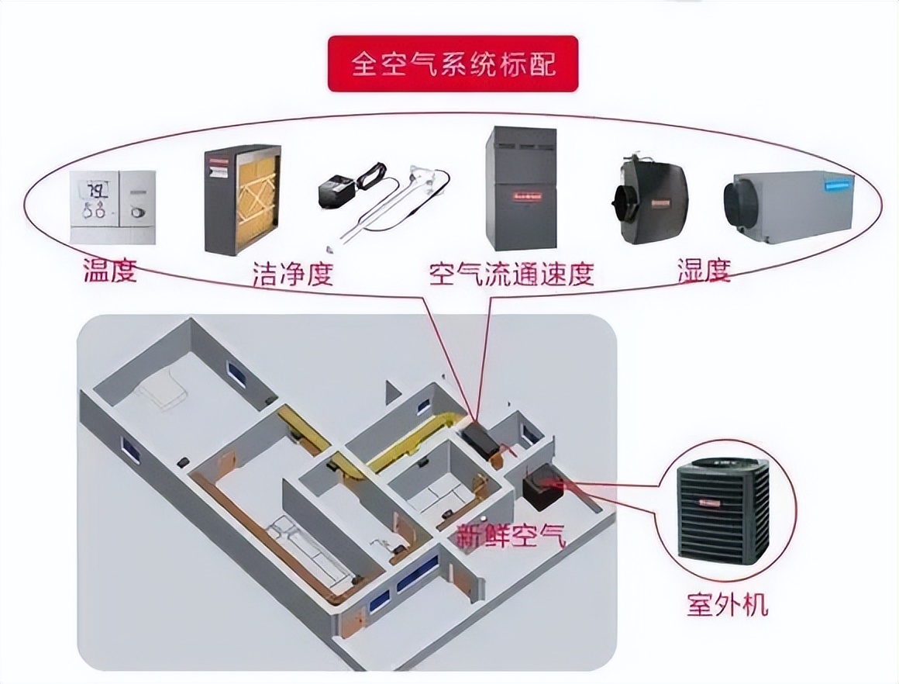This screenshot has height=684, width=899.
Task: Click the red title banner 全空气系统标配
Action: (453, 64)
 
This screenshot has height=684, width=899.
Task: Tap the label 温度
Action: (110, 271)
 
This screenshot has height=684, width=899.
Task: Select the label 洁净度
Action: (293, 273)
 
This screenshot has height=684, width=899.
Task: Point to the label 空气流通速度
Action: (511, 273)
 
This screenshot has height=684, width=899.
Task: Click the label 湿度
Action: (704, 271)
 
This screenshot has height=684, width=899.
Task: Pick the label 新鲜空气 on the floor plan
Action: (511, 536)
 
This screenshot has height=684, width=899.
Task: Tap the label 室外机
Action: (727, 603)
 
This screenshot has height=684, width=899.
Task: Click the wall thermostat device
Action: (112, 206)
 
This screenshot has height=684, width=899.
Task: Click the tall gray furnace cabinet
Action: (521, 188)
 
